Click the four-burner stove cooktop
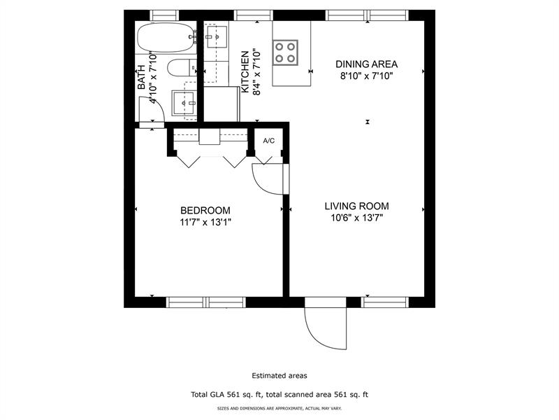click(284, 52)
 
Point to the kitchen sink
click(217, 34)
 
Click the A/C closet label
click(269, 141)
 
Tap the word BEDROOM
click(205, 210)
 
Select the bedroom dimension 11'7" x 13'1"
click(205, 222)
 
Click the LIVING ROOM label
click(356, 206)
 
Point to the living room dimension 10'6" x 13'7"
click(356, 218)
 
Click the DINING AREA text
click(361, 64)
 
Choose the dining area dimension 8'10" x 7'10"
click(361, 76)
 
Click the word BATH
click(141, 76)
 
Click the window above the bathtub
click(165, 14)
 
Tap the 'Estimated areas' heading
click(279, 376)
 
